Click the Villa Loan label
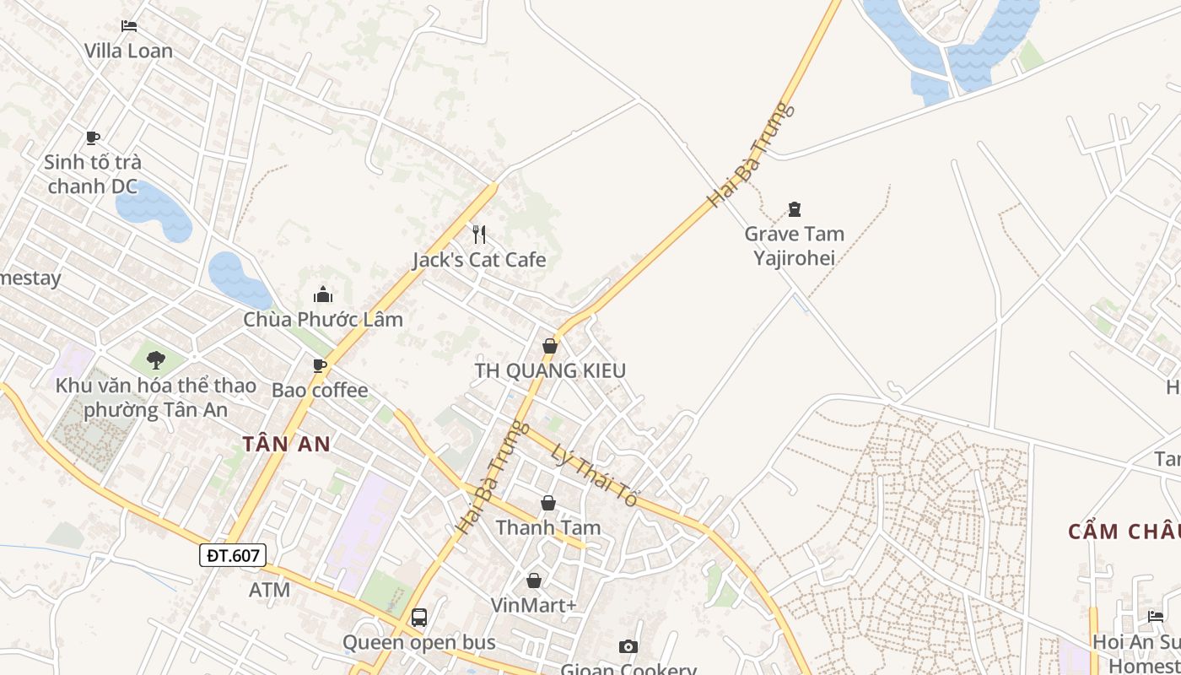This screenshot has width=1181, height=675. [x=128, y=51]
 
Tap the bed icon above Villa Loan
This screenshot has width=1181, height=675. [x=128, y=26]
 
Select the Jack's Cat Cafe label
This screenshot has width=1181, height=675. [x=479, y=260]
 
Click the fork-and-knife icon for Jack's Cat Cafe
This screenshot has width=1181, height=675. [x=479, y=234]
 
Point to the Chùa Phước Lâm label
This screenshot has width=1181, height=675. [x=323, y=320]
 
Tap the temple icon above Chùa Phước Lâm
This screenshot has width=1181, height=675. [x=322, y=294]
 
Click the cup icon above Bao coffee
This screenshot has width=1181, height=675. [x=319, y=365]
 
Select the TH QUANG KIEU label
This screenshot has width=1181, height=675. [x=550, y=370]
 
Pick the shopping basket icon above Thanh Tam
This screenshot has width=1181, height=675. [x=548, y=503]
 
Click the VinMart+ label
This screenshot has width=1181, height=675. [x=534, y=605]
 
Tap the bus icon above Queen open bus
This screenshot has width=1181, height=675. [x=418, y=617]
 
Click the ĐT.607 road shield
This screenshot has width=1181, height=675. [x=233, y=554]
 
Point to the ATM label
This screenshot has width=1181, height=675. [x=269, y=590]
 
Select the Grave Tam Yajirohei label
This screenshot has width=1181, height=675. [x=794, y=246]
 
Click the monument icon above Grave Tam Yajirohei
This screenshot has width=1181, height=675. [x=793, y=208]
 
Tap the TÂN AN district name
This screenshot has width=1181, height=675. [x=286, y=444]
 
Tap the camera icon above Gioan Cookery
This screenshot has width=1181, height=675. [x=628, y=646]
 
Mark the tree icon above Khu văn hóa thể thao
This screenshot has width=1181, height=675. [x=155, y=360]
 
